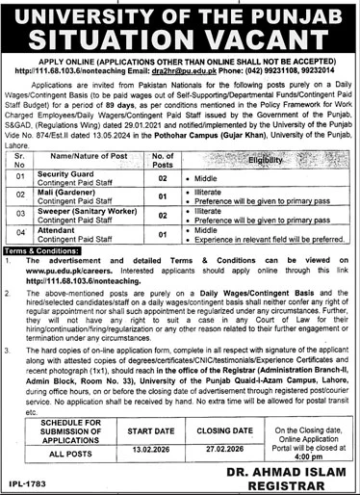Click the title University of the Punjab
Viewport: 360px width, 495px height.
180,14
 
